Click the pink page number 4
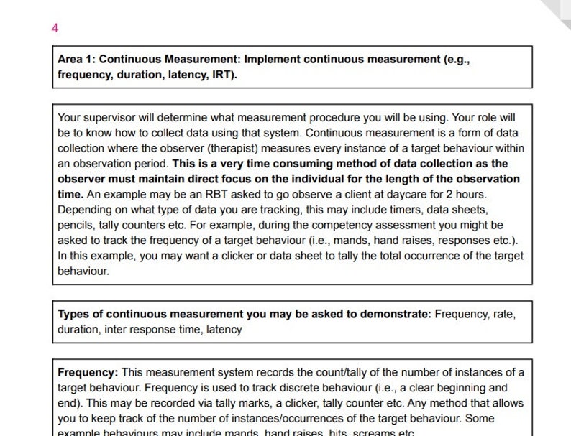[55, 28]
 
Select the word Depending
[83, 210]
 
